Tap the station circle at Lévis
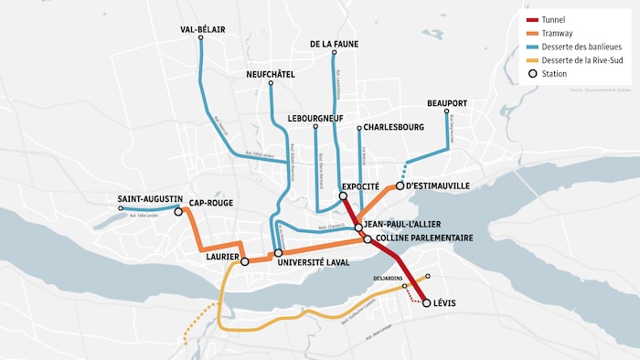[426, 302]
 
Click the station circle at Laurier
[244, 260]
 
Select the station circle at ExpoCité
[344, 196]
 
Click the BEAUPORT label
[447, 103]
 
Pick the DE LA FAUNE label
[335, 43]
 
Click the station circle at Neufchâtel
[271, 84]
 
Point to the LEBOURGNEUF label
[316, 118]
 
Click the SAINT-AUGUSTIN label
[150, 198]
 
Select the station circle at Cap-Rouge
[178, 211]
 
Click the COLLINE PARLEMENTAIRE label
[423, 238]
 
